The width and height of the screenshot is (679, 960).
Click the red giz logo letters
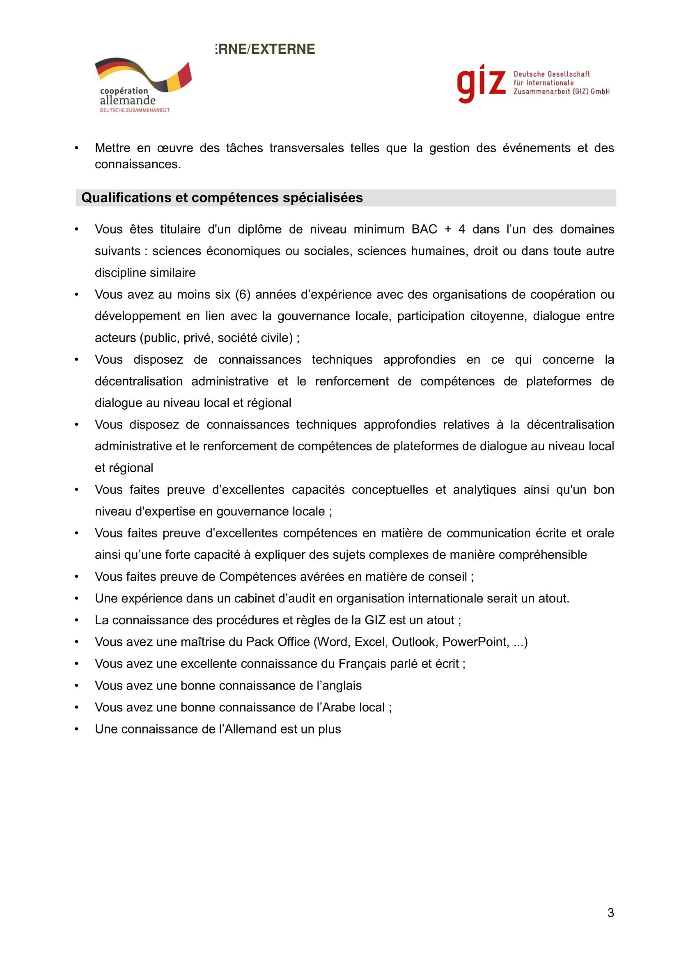click(x=481, y=83)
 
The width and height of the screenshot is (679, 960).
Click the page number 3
click(x=610, y=912)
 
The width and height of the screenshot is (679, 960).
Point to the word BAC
click(x=424, y=229)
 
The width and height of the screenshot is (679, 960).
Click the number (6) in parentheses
click(x=243, y=294)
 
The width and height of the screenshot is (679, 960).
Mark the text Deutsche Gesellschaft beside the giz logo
click(x=551, y=74)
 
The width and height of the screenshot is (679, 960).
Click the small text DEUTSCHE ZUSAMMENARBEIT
click(x=135, y=110)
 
